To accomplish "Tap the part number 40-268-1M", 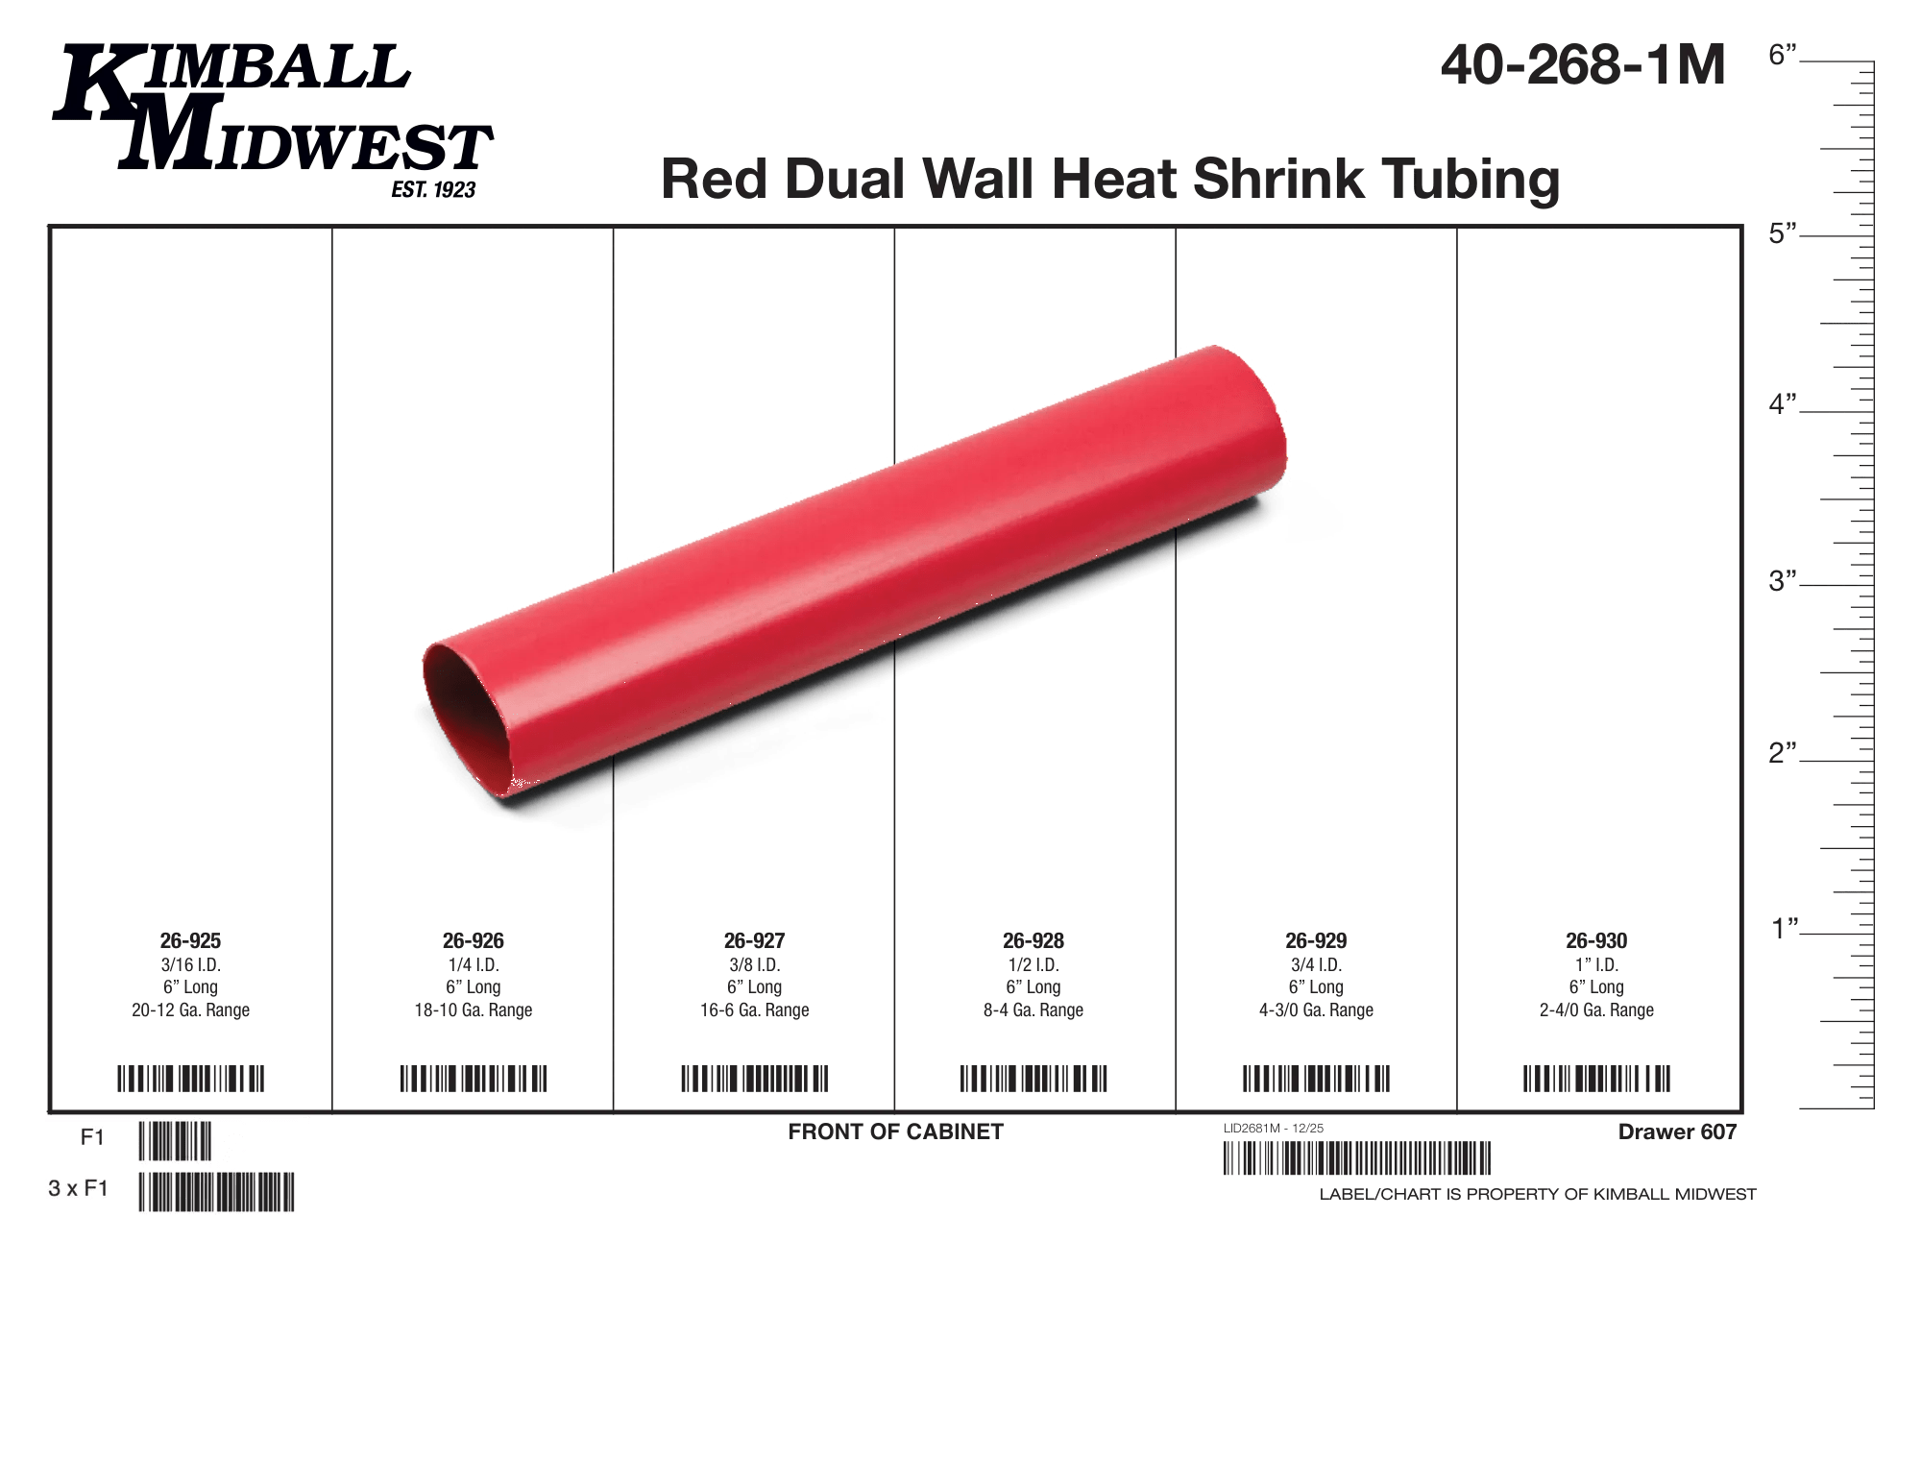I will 1583,65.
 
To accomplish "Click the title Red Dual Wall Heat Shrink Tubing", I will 1110,179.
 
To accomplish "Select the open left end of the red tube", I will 466,716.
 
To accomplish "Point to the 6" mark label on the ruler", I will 1783,56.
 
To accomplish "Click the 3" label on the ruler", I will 1783,581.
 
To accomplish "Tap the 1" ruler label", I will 1785,929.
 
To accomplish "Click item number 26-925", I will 190,940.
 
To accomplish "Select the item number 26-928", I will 1033,940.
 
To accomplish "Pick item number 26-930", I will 1596,940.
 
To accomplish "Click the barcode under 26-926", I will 474,1079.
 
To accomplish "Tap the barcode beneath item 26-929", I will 1316,1079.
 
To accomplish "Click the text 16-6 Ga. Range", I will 754,1010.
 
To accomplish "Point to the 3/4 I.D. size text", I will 1316,964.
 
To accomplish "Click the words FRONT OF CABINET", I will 895,1131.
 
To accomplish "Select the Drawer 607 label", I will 1677,1131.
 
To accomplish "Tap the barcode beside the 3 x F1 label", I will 217,1191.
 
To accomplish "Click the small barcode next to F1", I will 175,1141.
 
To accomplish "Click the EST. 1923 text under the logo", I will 433,190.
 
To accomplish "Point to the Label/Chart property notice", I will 1537,1194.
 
